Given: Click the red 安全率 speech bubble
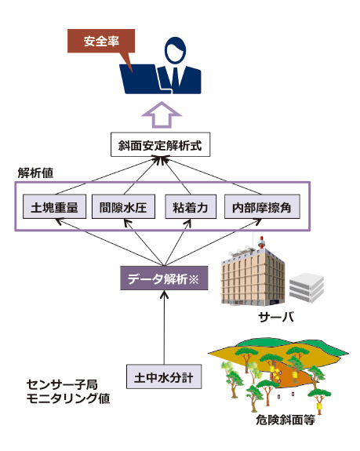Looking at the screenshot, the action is pos(101,42).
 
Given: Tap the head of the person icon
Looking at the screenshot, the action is pos(175,50).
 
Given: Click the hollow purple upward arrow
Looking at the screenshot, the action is pos(162,115).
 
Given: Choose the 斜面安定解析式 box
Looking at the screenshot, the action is pos(161,144).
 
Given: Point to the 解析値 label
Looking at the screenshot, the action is pos(35,173).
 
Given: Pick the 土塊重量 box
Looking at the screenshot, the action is pos(54,206).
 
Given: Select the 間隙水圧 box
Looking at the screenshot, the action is pos(123,206).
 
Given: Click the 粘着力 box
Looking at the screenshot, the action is pos(191,206).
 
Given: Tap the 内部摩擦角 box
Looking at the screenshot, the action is pos(262,206).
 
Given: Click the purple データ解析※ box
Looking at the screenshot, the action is pos(164,278).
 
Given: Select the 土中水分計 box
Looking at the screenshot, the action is pos(164,376).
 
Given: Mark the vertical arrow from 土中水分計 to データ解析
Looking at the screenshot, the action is pos(164,327).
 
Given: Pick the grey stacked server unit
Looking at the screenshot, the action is pos(307,288).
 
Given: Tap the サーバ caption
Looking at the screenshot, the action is pos(276,317).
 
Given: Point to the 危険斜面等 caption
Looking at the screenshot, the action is pos(285,420).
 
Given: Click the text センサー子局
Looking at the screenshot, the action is pos(62,384).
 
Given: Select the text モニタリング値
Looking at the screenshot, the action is pos(68,398).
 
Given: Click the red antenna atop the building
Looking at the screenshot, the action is pos(261,242).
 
